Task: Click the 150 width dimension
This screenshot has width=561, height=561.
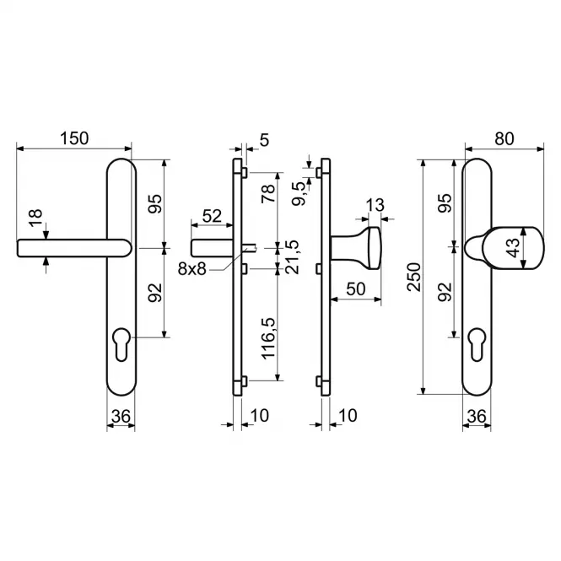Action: [x=74, y=138]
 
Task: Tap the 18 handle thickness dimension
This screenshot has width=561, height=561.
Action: [x=35, y=218]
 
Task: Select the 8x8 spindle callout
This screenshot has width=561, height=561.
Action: [x=192, y=269]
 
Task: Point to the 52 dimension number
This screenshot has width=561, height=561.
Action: [x=212, y=216]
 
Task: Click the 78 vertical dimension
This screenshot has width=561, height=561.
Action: [x=268, y=193]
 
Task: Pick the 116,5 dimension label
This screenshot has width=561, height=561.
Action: [x=268, y=338]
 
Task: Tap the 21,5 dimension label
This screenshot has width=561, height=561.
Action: [x=292, y=257]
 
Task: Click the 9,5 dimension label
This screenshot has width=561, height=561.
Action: [x=299, y=193]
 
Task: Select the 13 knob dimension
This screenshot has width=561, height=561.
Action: [x=375, y=205]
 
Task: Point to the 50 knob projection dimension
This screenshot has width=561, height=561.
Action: [x=356, y=289]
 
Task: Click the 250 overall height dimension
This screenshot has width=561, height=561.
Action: [x=414, y=277]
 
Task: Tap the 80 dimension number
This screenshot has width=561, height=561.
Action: [x=504, y=139]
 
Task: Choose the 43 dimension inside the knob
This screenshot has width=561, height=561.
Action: [x=514, y=247]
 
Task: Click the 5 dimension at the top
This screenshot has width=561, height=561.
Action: [x=264, y=140]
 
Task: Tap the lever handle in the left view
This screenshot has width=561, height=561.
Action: [x=73, y=248]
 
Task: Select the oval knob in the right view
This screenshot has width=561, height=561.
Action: [x=512, y=247]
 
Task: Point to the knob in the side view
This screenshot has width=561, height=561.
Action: [x=356, y=247]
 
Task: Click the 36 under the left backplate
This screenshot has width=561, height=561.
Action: [x=121, y=417]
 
